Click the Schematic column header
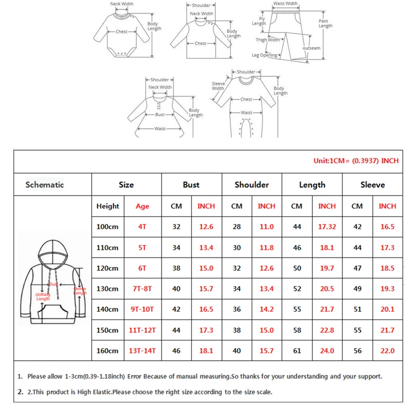coord(45,185)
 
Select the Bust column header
coord(191,185)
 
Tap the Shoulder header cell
coord(252,185)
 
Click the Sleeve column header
coord(372,185)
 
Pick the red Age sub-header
coord(142,206)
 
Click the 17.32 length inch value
coord(327,227)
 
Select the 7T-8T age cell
coord(142,289)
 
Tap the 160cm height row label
coord(107,351)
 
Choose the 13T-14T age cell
coord(142,351)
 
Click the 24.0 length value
coord(327,351)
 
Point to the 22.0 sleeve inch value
coord(387,351)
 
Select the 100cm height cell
coord(107,227)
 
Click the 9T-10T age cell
coord(142,309)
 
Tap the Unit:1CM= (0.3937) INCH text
coord(355,161)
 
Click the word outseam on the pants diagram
coord(311,48)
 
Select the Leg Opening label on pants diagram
coord(265,55)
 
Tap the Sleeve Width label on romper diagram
coord(218,86)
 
